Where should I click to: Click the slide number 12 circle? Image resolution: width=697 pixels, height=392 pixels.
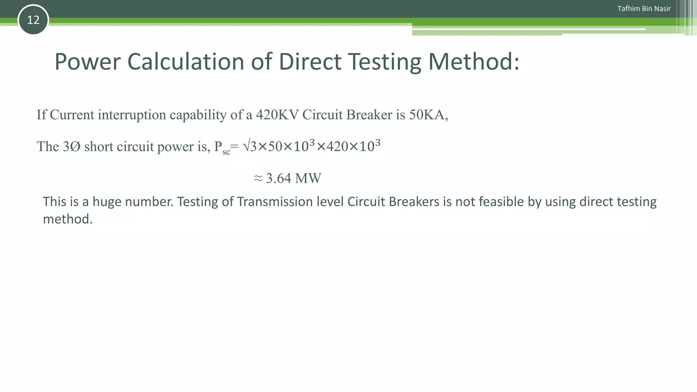[x=33, y=20]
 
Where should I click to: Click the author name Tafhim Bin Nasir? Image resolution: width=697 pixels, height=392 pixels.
[x=644, y=9]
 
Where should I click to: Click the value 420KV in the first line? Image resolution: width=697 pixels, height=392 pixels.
[x=277, y=115]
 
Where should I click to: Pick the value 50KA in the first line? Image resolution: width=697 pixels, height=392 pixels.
[x=427, y=115]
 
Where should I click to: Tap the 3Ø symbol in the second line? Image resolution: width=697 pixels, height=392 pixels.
[x=71, y=147]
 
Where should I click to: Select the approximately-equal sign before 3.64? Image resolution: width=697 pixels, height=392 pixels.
[x=258, y=178]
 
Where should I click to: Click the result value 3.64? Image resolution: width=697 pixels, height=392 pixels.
[x=278, y=178]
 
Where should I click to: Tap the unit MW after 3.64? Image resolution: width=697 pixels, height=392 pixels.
[x=308, y=178]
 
